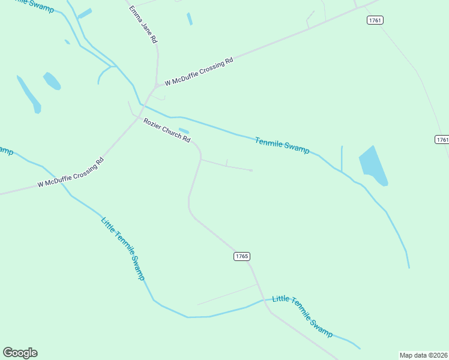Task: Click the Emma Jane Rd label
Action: pyautogui.click(x=144, y=25)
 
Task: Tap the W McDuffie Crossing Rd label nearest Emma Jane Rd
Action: pyautogui.click(x=199, y=71)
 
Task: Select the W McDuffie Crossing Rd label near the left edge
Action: pyautogui.click(x=71, y=172)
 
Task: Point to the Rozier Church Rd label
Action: pyautogui.click(x=167, y=130)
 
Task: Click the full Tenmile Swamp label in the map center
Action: pyautogui.click(x=282, y=146)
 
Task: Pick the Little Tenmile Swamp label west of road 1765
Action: pyautogui.click(x=123, y=248)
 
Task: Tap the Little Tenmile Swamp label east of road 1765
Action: pyautogui.click(x=302, y=316)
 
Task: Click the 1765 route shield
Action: pyautogui.click(x=241, y=256)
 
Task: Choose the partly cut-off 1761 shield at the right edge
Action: pyautogui.click(x=442, y=139)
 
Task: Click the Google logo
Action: pyautogui.click(x=20, y=353)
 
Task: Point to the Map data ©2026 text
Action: pyautogui.click(x=424, y=355)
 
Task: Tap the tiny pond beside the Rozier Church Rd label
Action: pyautogui.click(x=184, y=131)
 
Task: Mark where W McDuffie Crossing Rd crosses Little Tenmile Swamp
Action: pyautogui.click(x=62, y=181)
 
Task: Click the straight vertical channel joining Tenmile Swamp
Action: pyautogui.click(x=342, y=158)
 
